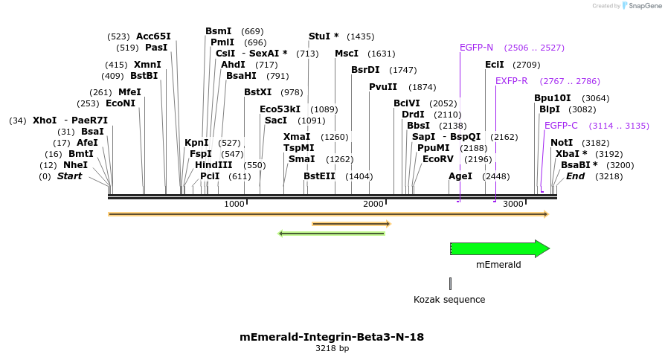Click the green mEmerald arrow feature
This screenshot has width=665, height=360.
click(x=498, y=248)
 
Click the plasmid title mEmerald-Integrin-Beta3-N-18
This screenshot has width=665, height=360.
click(x=332, y=337)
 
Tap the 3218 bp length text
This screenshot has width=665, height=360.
click(x=332, y=348)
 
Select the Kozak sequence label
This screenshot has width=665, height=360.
click(x=449, y=300)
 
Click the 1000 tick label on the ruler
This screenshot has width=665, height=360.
click(x=234, y=204)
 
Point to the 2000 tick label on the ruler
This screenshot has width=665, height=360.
click(x=373, y=204)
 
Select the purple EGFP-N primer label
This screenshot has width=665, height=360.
click(x=476, y=48)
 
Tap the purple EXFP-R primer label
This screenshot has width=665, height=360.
click(x=512, y=81)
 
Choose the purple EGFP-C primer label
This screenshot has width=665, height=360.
click(x=561, y=126)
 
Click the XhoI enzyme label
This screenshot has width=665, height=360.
click(x=45, y=120)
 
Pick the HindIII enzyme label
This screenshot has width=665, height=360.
click(x=213, y=165)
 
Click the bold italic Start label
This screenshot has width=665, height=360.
click(x=69, y=176)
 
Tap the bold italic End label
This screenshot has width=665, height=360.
click(x=575, y=176)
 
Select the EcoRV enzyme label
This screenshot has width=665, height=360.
click(x=437, y=159)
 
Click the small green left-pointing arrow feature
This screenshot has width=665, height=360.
click(x=332, y=234)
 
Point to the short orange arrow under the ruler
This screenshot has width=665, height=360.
click(x=351, y=223)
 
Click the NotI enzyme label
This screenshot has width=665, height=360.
click(x=562, y=143)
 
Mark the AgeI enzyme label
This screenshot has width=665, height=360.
click(x=460, y=176)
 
